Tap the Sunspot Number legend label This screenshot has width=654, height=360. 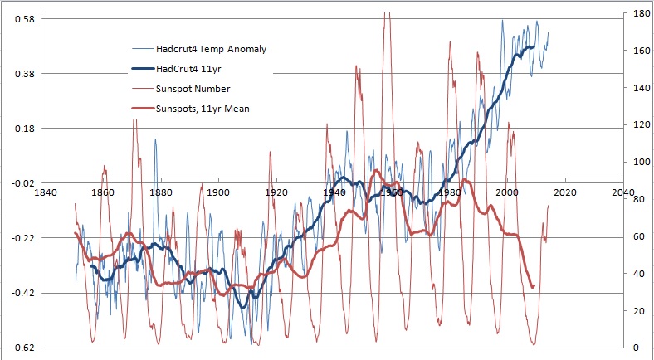(x=193, y=88)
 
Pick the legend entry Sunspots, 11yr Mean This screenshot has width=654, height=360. (x=203, y=108)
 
